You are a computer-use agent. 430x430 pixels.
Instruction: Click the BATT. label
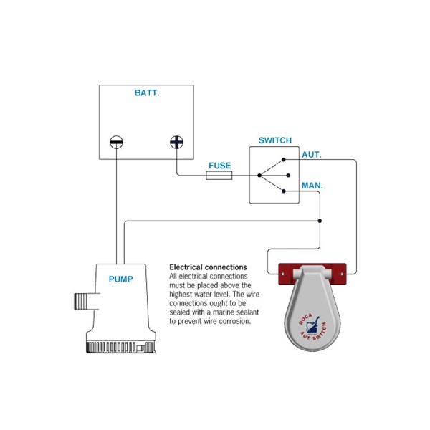click(147, 92)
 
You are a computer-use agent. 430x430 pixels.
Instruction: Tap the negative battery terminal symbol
click(116, 142)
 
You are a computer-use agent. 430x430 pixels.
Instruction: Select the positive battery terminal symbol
click(176, 142)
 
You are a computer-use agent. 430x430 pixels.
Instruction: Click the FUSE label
click(220, 166)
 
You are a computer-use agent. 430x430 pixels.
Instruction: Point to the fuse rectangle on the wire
click(219, 176)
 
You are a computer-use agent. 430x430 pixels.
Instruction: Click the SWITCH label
click(275, 140)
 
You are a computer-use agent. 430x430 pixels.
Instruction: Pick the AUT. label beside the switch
click(312, 155)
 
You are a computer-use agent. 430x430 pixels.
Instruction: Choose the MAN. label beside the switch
click(312, 186)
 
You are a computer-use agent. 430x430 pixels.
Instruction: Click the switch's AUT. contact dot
click(284, 160)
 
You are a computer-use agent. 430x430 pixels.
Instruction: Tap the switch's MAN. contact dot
click(284, 191)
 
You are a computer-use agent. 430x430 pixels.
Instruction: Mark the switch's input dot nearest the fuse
click(259, 176)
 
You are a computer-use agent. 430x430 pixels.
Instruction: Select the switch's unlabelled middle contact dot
click(288, 176)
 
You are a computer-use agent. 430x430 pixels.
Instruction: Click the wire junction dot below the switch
click(320, 221)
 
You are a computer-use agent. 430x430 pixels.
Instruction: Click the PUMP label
click(120, 279)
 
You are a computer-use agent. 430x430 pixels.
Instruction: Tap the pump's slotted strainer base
click(121, 347)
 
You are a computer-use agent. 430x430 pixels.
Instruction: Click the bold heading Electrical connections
click(208, 267)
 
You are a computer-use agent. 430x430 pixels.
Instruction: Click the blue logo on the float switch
click(313, 325)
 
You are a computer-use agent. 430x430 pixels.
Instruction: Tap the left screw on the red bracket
click(283, 274)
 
